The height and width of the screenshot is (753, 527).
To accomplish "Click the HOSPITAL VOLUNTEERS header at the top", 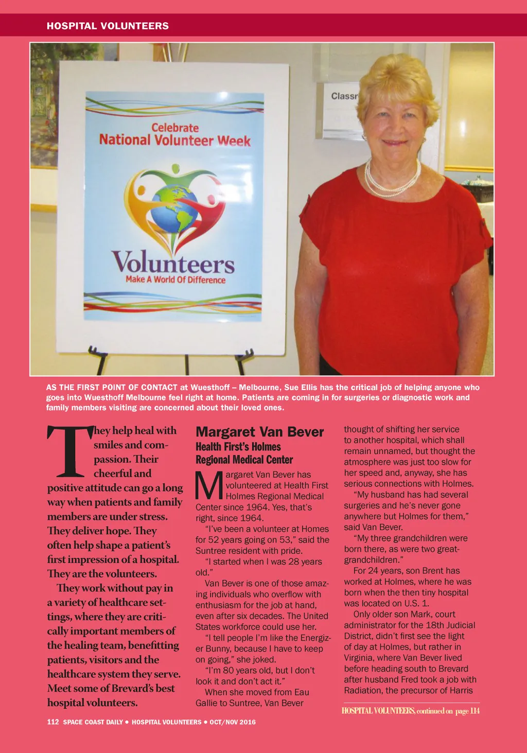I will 108,26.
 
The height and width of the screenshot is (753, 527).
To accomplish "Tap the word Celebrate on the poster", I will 175,128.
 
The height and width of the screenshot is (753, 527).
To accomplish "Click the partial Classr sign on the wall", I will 344,96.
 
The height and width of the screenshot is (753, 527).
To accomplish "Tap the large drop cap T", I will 69,451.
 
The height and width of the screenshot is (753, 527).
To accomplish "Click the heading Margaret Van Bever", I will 259,432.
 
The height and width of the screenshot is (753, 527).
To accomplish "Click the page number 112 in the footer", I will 53,722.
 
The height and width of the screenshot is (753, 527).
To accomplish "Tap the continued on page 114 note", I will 411,711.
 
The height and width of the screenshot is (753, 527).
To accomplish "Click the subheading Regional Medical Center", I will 244,460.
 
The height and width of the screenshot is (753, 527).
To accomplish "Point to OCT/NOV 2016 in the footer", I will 232,722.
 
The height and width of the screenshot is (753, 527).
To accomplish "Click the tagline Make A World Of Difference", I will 175,279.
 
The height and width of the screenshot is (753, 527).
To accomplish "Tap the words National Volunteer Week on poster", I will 175,141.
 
